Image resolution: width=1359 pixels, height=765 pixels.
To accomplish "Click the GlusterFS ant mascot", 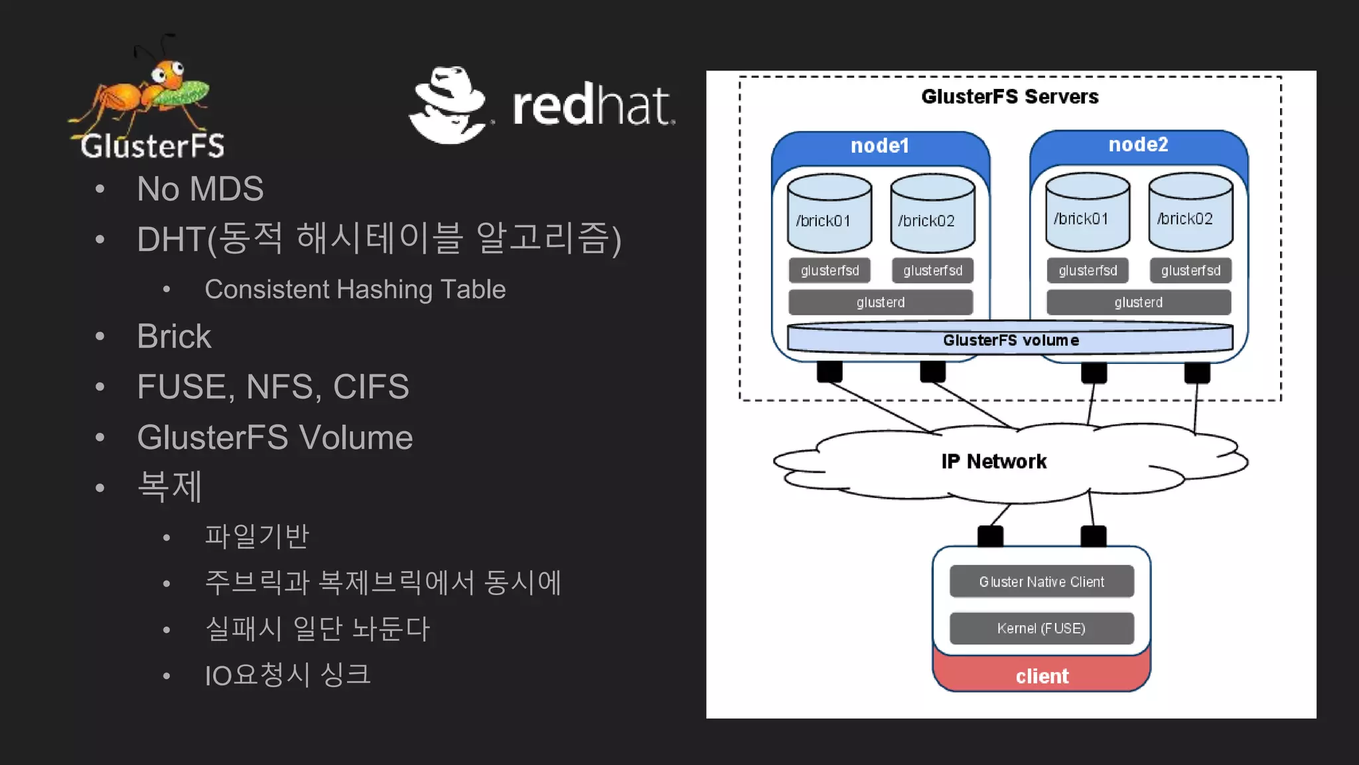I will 146,93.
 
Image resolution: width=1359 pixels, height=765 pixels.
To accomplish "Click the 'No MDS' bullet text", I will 200,189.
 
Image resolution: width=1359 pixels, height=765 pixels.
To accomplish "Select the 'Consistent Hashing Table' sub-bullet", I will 355,290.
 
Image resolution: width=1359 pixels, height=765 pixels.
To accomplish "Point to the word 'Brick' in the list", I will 174,336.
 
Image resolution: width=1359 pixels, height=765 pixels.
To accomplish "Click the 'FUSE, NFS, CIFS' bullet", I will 273,386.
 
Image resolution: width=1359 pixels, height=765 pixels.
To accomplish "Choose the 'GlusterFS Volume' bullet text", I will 275,438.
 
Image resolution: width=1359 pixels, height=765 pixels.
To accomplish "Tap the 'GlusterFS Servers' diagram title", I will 1009,97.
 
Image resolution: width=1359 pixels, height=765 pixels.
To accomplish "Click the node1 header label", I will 880,145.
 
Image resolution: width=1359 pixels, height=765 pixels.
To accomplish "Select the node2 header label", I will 1138,144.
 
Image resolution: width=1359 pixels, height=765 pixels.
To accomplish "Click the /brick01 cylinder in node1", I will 829,214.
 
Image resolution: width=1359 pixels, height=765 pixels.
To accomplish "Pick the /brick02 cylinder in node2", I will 1190,212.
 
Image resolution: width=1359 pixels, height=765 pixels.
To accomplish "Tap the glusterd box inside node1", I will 881,302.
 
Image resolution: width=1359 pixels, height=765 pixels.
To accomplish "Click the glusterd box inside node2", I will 1138,302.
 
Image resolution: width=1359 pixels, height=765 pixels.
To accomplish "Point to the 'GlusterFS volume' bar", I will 1010,340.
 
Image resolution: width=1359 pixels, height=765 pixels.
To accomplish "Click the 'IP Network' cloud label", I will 993,462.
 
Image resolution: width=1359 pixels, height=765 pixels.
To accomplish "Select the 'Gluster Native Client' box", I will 1041,582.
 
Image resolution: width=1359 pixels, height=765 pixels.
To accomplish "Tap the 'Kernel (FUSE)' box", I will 1041,628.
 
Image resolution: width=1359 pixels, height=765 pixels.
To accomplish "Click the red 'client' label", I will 1041,676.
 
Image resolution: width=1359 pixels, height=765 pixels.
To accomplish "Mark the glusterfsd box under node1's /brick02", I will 932,270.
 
